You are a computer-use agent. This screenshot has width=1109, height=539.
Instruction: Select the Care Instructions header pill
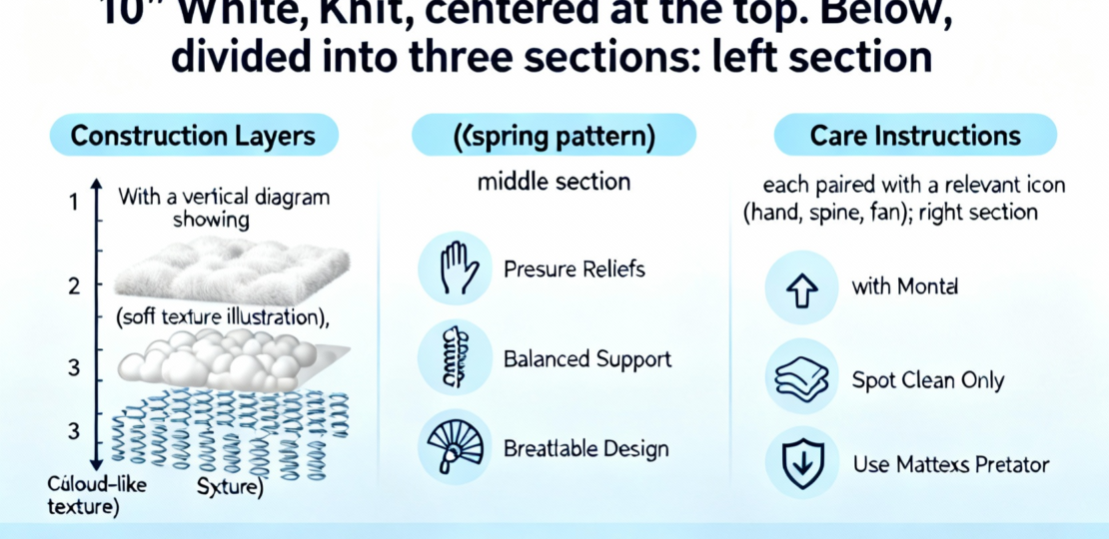point(915,136)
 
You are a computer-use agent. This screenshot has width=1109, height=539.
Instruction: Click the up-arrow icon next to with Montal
point(801,287)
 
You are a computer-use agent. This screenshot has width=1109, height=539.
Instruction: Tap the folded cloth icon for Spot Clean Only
point(801,380)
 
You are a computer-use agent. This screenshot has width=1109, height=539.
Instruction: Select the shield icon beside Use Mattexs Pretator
point(801,465)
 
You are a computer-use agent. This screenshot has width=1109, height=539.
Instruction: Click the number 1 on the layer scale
point(72,203)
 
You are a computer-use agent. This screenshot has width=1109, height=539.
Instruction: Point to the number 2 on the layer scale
point(72,287)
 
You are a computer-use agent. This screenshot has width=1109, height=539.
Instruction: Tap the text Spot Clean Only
point(927,380)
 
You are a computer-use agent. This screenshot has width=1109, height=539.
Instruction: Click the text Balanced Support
point(587,358)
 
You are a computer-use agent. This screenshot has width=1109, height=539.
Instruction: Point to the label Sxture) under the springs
point(229,488)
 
